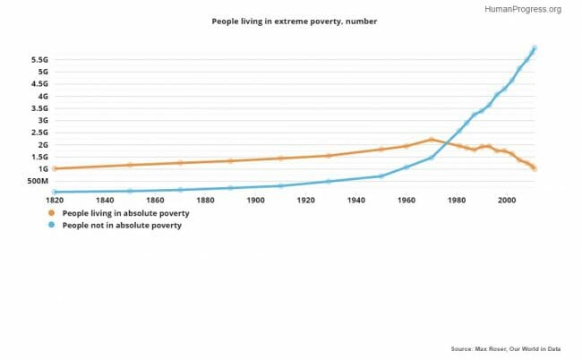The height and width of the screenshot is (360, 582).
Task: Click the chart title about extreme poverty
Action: point(288,21)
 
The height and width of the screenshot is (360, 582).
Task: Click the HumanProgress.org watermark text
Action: point(522,9)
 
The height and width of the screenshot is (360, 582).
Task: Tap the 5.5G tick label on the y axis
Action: point(39,59)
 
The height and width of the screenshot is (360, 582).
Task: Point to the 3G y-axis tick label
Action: point(42,120)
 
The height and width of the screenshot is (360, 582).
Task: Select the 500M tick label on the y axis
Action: point(36,181)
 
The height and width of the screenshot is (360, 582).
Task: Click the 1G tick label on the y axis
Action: point(42,168)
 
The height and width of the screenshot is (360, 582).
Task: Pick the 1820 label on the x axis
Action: point(55,200)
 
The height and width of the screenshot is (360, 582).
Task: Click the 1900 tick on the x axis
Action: point(255,200)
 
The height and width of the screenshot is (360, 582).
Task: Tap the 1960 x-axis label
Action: point(407,200)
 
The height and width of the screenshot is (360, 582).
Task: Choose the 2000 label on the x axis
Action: point(507,200)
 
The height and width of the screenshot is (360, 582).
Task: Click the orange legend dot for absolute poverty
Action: point(52,214)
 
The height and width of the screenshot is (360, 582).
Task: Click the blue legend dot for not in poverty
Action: point(52,226)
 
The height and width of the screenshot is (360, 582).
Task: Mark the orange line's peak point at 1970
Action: point(432,140)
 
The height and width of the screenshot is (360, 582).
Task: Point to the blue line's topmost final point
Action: point(535,48)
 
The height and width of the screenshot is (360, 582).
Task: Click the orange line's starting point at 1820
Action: point(55,168)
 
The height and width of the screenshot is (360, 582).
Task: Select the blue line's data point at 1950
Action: point(381,176)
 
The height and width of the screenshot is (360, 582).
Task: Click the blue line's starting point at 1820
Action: point(55,192)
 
